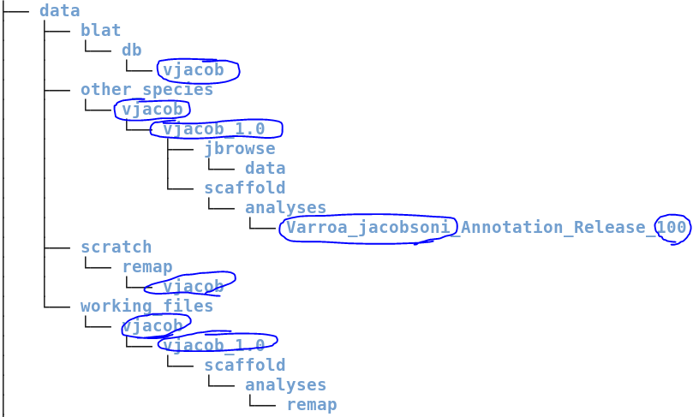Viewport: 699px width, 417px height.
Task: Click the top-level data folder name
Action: point(59,11)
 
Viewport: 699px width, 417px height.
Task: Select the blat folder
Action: point(100,31)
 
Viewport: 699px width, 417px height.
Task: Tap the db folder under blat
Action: point(131,51)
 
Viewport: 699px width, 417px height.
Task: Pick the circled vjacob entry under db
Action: point(193,70)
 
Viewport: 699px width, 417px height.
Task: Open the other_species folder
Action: point(146,90)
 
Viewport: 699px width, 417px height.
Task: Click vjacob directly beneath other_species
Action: point(152,110)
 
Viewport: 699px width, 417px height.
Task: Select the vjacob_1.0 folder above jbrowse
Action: point(213,129)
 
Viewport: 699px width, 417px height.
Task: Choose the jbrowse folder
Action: point(239,149)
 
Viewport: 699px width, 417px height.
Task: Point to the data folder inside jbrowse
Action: point(265,169)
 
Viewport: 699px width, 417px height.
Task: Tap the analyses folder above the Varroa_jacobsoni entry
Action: point(285,208)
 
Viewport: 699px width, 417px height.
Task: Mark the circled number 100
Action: point(672,228)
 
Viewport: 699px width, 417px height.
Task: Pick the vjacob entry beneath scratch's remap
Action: point(193,287)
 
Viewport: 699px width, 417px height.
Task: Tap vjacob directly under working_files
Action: point(152,326)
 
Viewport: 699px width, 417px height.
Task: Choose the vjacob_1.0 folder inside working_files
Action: point(213,346)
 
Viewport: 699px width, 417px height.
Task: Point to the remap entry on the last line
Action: point(311,405)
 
